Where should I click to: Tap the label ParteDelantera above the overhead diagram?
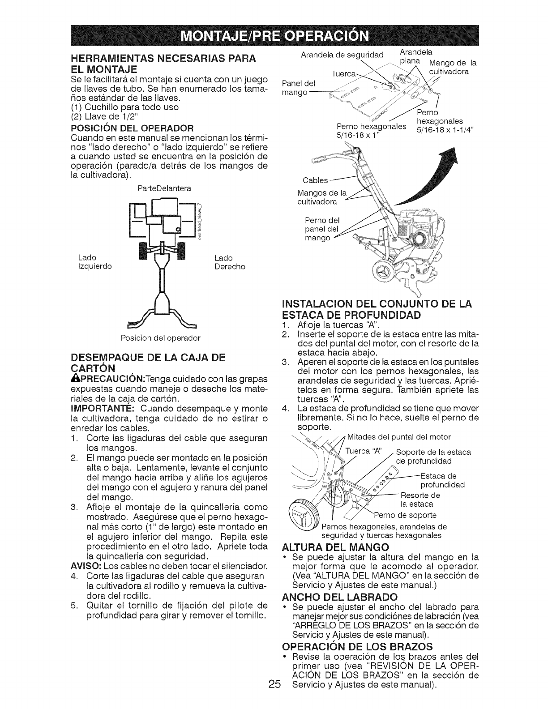[x=164, y=188]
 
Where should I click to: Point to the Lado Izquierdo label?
[x=94, y=262]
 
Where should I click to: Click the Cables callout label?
[x=315, y=180]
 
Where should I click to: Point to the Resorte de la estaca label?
[x=420, y=499]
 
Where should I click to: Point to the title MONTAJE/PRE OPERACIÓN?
[x=274, y=34]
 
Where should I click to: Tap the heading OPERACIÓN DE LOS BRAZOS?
[x=356, y=646]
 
